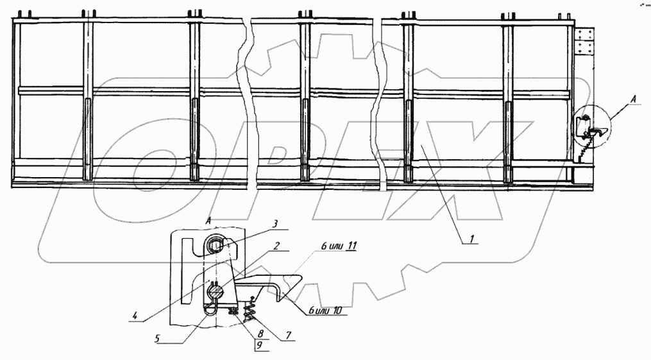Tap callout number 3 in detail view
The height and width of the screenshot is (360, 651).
[274, 224]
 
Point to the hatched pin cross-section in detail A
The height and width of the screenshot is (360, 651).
[216, 293]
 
